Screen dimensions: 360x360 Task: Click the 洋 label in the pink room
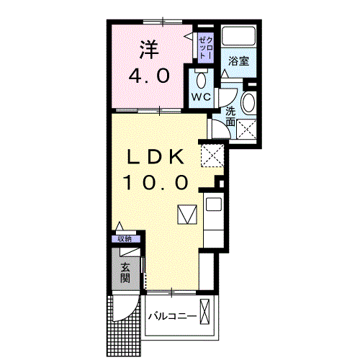point(149,50)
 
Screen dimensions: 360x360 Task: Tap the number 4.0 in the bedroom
point(149,76)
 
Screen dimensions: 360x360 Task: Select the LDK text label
point(155,157)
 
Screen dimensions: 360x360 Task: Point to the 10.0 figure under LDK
point(155,182)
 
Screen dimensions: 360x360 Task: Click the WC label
point(201,97)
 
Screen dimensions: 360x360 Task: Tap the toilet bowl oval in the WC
point(201,81)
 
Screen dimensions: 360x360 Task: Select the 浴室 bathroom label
point(238,61)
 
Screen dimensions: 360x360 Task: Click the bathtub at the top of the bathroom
point(238,36)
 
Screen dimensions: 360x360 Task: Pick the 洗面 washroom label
point(230,117)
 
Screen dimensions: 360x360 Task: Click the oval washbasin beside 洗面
point(248,102)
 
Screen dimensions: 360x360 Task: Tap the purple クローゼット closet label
point(206,48)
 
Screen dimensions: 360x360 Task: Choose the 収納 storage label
point(125,239)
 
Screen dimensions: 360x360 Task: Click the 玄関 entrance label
point(125,273)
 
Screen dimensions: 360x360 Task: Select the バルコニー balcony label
point(173,316)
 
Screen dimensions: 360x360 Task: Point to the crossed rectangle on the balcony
point(204,312)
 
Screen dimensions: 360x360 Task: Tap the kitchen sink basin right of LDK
point(214,204)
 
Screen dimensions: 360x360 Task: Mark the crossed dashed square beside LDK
point(212,156)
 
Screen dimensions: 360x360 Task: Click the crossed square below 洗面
point(246,130)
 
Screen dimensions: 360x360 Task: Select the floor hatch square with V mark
point(187,215)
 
